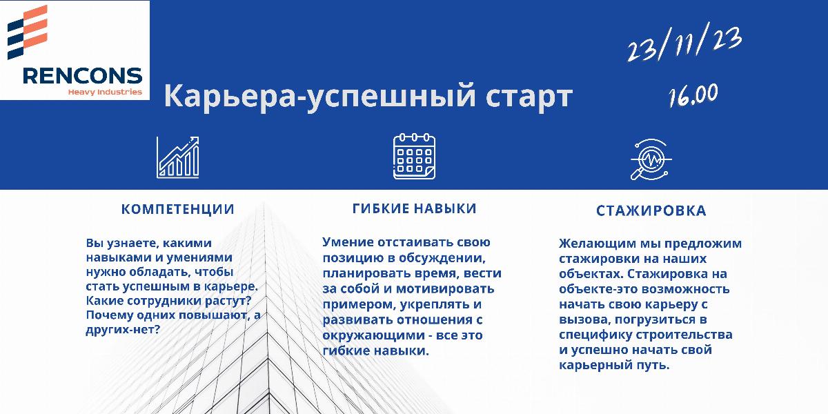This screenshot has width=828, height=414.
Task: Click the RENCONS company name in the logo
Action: tap(82, 76)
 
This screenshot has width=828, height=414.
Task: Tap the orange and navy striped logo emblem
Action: tap(28, 32)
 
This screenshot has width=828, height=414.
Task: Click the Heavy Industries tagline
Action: tap(105, 92)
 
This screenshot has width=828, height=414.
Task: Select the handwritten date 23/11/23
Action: tap(684, 43)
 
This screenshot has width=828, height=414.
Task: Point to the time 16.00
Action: tap(693, 95)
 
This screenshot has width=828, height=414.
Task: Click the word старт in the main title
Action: tap(529, 97)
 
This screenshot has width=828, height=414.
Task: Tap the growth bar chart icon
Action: tap(178, 157)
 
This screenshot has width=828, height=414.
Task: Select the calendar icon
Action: tap(414, 157)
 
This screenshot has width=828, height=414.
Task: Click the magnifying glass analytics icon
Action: tap(651, 159)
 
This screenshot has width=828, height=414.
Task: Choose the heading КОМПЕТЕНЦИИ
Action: tap(178, 209)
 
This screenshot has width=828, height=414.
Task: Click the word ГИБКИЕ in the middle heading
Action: tap(380, 208)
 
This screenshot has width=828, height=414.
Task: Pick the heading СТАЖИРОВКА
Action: tap(651, 210)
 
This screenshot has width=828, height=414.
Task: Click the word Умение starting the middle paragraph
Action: tap(348, 242)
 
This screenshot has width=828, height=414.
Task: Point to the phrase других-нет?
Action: tap(123, 329)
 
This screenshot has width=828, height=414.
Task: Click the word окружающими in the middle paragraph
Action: tap(371, 335)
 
